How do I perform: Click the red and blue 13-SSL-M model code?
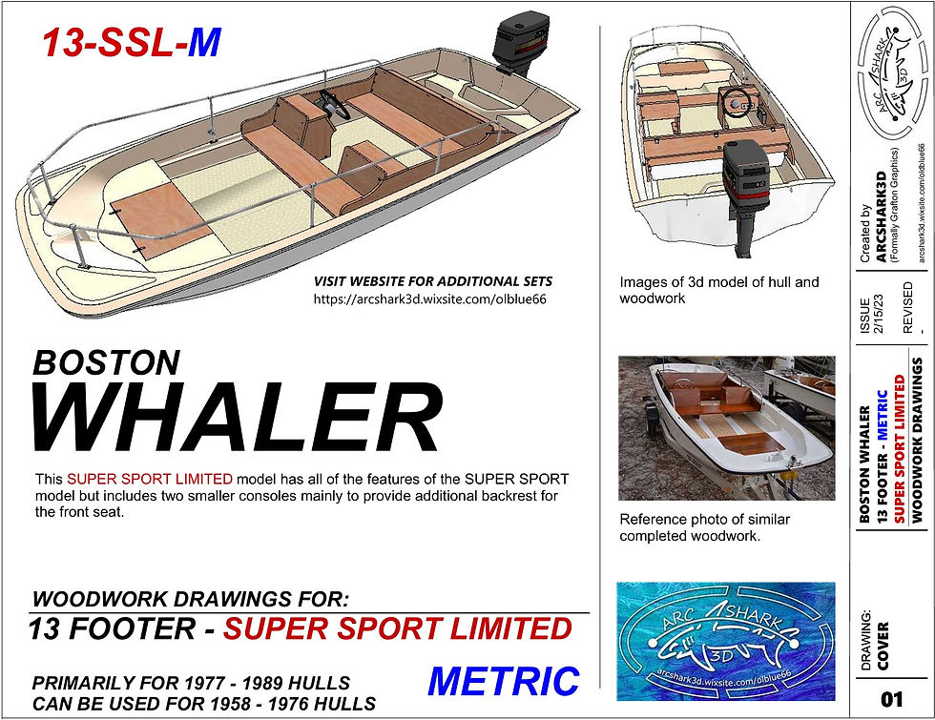tap(130, 43)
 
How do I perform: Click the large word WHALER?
tap(238, 416)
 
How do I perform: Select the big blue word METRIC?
tap(503, 681)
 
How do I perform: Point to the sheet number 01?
tap(891, 700)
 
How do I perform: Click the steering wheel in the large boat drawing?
tap(333, 107)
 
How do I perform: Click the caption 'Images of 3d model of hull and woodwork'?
tap(718, 290)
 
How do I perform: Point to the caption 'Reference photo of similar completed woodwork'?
tap(704, 527)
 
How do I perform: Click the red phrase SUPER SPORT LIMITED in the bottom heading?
tap(398, 628)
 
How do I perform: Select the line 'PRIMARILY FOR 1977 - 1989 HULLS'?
tap(190, 683)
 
